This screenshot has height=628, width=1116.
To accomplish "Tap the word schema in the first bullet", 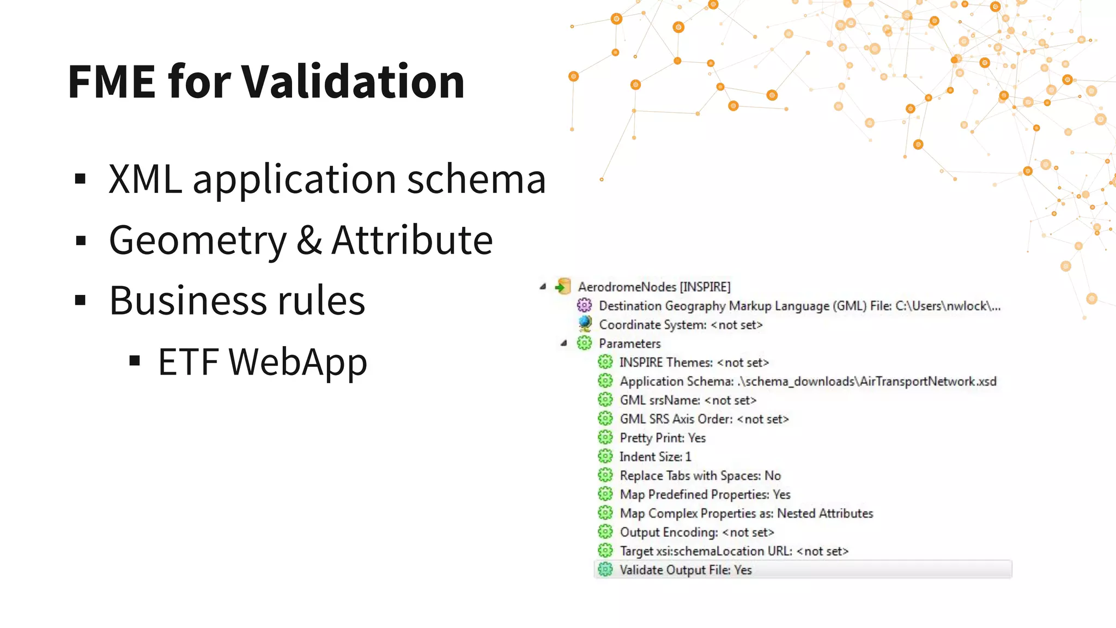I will tap(476, 179).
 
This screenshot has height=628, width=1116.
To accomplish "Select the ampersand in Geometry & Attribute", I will tap(309, 240).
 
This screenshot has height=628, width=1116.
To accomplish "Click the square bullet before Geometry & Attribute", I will tap(81, 240).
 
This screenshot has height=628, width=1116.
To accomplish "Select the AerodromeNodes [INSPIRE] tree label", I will tap(654, 287).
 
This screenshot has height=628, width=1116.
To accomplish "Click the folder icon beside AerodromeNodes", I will tap(563, 286).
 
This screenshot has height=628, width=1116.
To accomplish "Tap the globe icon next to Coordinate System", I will tap(585, 324).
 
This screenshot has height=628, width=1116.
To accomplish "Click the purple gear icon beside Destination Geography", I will tap(584, 305).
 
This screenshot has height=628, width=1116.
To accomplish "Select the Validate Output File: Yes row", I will tap(686, 570).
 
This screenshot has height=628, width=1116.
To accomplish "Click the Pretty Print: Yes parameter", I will tap(663, 438).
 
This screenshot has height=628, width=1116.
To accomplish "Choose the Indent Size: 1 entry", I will tap(655, 457).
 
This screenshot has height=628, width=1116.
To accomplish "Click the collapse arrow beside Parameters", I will tap(564, 343).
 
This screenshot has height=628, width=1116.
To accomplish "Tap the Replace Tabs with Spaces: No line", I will tap(700, 475).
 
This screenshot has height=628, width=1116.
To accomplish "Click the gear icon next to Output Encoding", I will tap(605, 532).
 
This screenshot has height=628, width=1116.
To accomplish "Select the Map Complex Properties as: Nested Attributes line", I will tap(746, 513).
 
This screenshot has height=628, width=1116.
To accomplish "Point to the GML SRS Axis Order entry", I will tap(704, 419).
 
